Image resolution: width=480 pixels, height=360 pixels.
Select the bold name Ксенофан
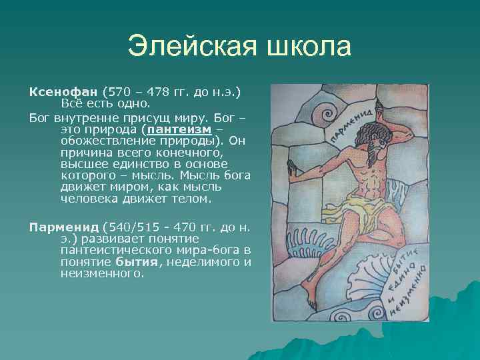pos(63,91)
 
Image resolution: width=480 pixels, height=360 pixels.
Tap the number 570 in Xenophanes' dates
pos(119,91)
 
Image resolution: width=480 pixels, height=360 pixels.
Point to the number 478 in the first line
pos(163,91)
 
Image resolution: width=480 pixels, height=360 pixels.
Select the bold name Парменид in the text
pos(64,227)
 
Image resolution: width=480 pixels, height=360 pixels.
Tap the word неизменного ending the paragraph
pos(101,273)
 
